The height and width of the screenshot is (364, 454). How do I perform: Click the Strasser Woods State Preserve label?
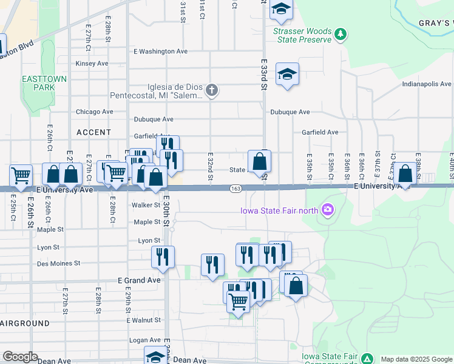pyautogui.click(x=302, y=35)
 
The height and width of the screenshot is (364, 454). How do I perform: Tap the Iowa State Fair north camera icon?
pyautogui.click(x=328, y=210)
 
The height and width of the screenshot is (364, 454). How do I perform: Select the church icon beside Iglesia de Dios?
pyautogui.click(x=212, y=91)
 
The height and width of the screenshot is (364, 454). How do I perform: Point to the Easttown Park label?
pyautogui.click(x=38, y=83)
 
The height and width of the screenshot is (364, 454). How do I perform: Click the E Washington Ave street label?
pyautogui.click(x=160, y=52)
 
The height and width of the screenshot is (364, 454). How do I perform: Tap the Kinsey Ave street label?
pyautogui.click(x=92, y=63)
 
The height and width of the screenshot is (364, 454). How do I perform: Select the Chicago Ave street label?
pyautogui.click(x=94, y=112)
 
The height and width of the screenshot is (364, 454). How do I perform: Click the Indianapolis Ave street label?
pyautogui.click(x=427, y=84)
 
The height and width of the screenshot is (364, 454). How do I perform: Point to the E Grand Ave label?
pyautogui.click(x=139, y=280)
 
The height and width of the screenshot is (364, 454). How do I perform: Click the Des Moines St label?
pyautogui.click(x=58, y=263)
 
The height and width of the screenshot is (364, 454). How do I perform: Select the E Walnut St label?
pyautogui.click(x=144, y=320)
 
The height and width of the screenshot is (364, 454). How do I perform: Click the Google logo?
pyautogui.click(x=20, y=357)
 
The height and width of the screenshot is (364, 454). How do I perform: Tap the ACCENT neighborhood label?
pyautogui.click(x=94, y=132)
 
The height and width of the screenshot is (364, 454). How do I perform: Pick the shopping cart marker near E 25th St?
pyautogui.click(x=21, y=176)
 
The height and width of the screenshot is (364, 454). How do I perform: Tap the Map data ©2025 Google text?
pyautogui.click(x=416, y=359)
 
